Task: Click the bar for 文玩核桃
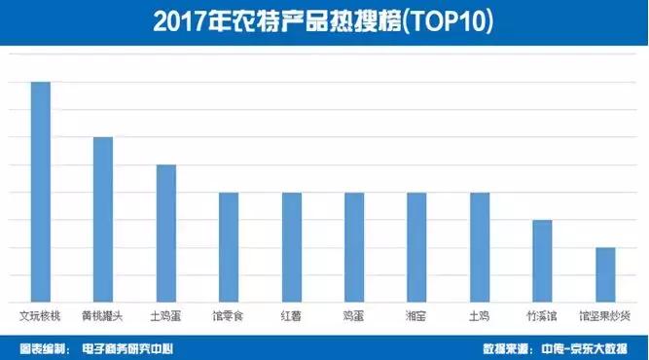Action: (x=41, y=192)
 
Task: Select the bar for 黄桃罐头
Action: (x=103, y=219)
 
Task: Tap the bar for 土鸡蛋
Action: (x=166, y=234)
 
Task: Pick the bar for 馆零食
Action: (x=229, y=247)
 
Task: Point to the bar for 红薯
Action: (x=292, y=247)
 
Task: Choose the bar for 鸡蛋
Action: (x=354, y=247)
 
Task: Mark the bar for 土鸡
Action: (x=480, y=247)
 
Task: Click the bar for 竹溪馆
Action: (x=542, y=261)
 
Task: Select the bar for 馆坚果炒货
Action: (x=604, y=274)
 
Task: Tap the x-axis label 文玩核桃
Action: (x=41, y=315)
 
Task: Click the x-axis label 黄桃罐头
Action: (x=103, y=315)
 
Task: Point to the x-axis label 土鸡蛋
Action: (x=166, y=315)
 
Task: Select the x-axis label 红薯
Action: (x=292, y=315)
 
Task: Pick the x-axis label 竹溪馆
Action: (x=542, y=315)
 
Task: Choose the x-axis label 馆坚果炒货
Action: (x=604, y=315)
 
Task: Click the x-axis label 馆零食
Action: (x=229, y=315)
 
